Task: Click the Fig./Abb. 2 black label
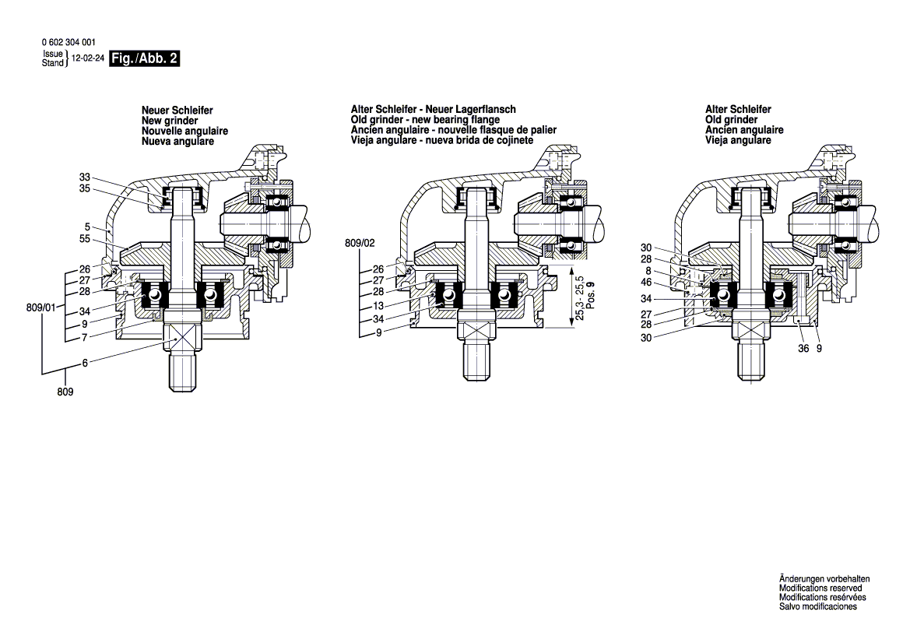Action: (x=145, y=58)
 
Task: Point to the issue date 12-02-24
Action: (x=87, y=58)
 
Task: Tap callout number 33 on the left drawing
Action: (x=85, y=177)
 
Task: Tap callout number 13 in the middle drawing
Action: (x=378, y=306)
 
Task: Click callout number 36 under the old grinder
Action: (x=804, y=349)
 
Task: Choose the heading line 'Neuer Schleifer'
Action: (x=177, y=111)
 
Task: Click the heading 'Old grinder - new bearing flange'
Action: (x=425, y=121)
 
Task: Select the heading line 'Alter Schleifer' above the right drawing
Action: (x=738, y=111)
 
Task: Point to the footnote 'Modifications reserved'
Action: (x=820, y=589)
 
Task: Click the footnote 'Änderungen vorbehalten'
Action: (x=824, y=580)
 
